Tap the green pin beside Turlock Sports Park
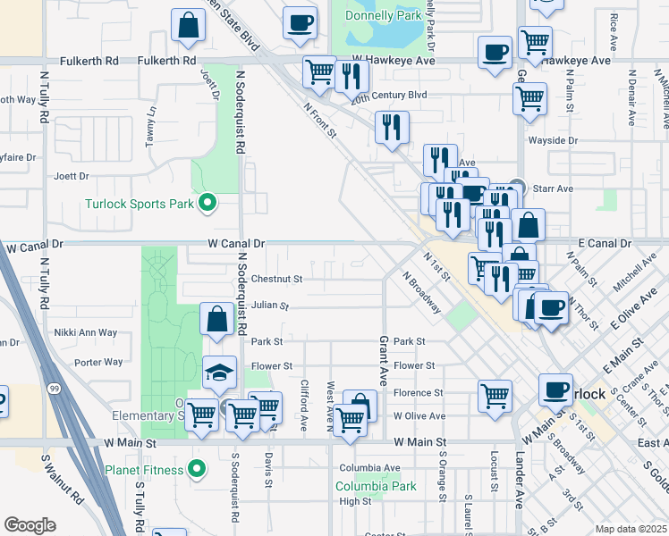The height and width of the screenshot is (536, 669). [207, 204]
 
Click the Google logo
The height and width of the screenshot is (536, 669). [30, 525]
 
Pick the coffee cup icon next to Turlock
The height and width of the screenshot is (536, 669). [555, 389]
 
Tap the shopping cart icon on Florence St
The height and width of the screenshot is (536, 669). [495, 395]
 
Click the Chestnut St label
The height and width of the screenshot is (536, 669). [276, 279]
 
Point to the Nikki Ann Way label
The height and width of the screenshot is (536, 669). [85, 332]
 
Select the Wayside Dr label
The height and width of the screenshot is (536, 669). [554, 141]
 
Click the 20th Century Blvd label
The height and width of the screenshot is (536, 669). [389, 94]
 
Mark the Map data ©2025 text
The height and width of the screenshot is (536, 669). [631, 529]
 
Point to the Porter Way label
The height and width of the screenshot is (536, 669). [98, 362]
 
